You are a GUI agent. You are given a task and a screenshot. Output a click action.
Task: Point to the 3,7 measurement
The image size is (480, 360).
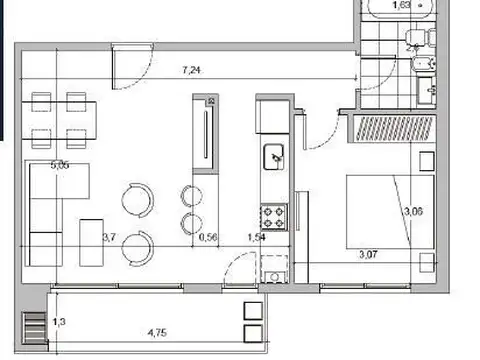111,237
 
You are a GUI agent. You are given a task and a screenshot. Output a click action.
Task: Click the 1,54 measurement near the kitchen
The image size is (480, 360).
257,237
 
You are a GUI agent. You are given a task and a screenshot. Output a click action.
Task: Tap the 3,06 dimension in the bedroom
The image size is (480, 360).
412,211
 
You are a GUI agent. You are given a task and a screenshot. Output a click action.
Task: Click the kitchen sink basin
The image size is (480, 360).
274,157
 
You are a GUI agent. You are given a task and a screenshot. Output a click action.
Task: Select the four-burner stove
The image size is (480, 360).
274,215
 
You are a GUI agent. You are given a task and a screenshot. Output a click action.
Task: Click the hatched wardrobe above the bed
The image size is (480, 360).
392,128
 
